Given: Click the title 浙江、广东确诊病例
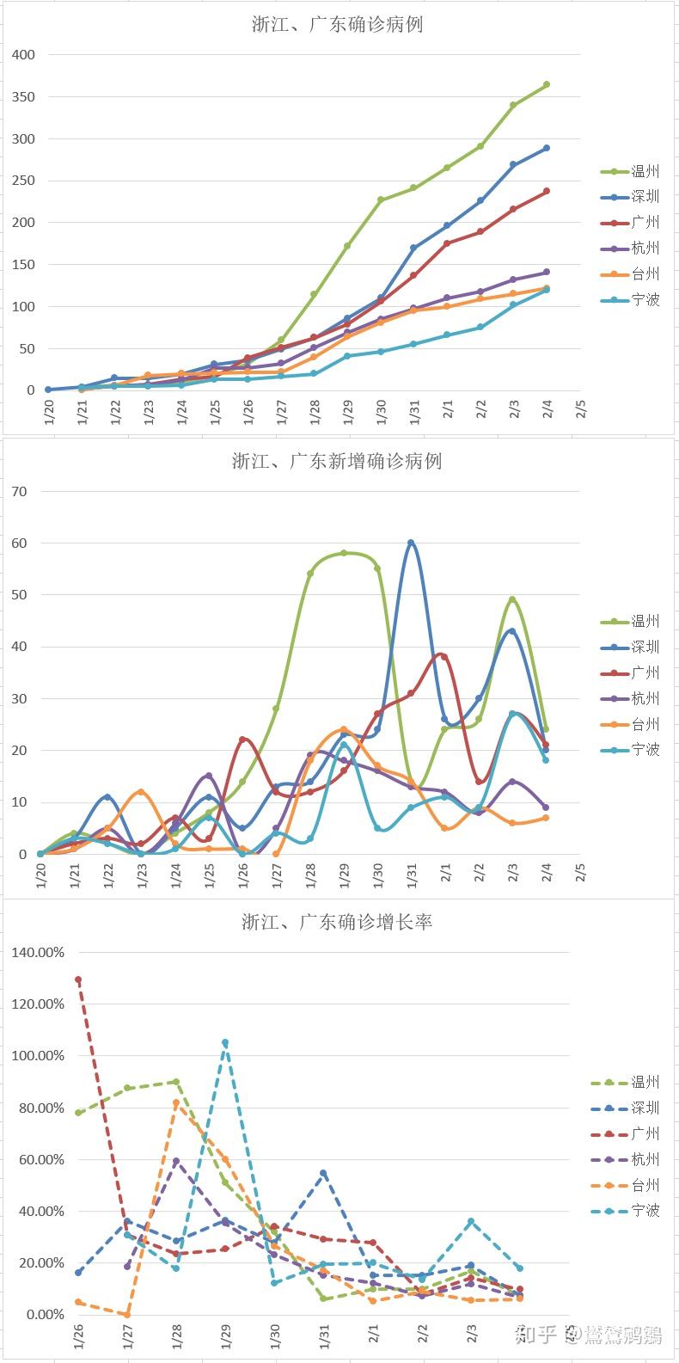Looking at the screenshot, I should [337, 25].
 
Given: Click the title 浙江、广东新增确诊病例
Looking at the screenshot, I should [337, 461].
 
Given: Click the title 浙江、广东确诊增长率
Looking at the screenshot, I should [337, 923].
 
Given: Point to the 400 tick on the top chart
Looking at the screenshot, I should [24, 55].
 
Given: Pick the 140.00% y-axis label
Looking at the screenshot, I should [37, 953].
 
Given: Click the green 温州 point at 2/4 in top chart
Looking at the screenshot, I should [547, 84].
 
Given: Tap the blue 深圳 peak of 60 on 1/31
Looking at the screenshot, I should [411, 543].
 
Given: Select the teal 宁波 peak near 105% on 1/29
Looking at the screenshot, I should [225, 1043].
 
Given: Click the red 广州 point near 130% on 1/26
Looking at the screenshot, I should [78, 979].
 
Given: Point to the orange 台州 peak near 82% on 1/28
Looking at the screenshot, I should [176, 1102].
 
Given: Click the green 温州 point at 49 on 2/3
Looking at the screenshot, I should [512, 599].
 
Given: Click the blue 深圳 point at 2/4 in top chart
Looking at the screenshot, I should [547, 148].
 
